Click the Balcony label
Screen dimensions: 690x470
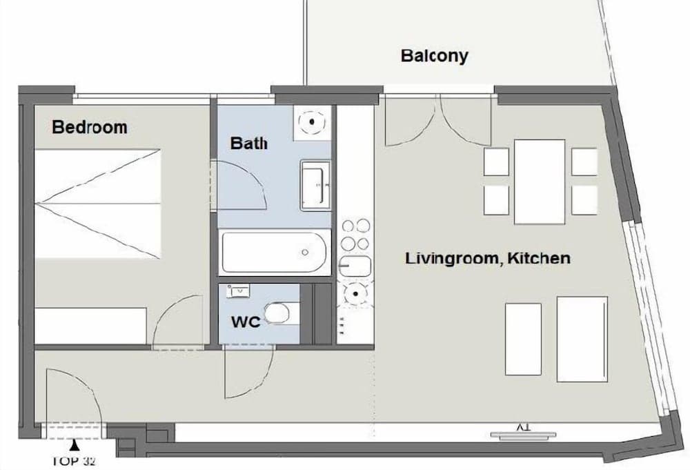[x=434, y=57]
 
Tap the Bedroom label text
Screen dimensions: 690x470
[x=90, y=127]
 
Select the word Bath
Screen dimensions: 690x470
[x=248, y=143]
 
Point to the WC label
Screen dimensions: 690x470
[x=246, y=322]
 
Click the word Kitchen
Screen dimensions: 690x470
[x=539, y=258]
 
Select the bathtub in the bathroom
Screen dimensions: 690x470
[x=275, y=253]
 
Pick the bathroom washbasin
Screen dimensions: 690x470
[x=315, y=185]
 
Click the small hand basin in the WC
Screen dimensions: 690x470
[x=238, y=291]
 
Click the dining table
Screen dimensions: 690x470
[x=540, y=182]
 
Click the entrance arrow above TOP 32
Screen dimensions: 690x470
[x=75, y=446]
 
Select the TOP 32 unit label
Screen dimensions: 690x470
[x=74, y=461]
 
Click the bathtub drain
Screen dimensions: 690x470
[x=305, y=253]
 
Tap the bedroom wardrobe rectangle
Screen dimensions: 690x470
[x=90, y=326]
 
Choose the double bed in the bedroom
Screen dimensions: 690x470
[x=97, y=204]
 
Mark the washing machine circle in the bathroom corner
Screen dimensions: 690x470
[x=312, y=122]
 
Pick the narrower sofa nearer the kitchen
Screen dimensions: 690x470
[x=523, y=339]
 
